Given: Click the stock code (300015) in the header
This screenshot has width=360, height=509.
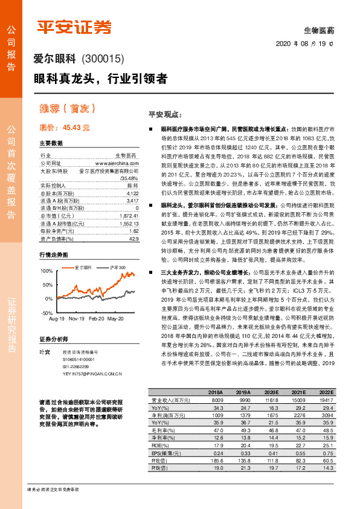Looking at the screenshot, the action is (x=102, y=59).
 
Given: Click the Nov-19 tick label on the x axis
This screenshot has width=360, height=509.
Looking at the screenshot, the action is (x=76, y=318).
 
